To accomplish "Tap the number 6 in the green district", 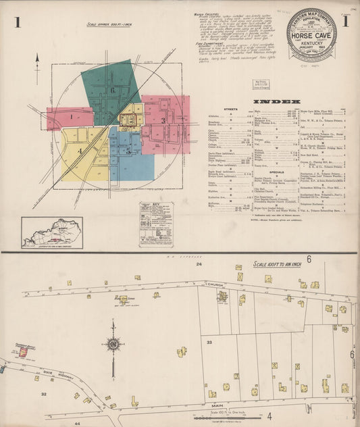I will (113, 90).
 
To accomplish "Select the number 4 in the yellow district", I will (79, 152).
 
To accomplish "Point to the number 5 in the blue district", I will (128, 151).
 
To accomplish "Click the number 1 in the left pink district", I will (70, 116).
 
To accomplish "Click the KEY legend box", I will (155, 224).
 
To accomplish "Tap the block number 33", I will (209, 343).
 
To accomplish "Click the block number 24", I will (199, 266).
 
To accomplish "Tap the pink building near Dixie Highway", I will (23, 352).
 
